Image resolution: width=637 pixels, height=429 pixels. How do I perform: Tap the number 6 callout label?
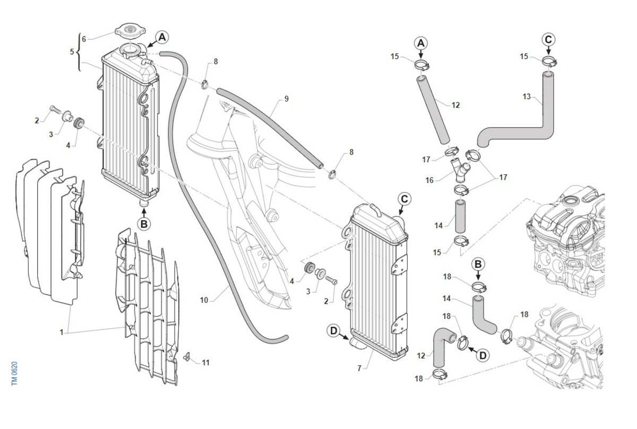tap(84, 39)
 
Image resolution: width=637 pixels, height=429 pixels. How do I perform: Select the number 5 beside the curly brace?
tap(72, 52)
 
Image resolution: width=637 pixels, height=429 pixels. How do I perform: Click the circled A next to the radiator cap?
tap(162, 37)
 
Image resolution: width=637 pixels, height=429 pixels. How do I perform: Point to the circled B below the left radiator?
tap(144, 224)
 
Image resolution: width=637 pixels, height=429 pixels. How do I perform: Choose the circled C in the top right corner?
tap(548, 39)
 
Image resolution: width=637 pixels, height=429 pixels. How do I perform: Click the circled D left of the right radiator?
tap(333, 331)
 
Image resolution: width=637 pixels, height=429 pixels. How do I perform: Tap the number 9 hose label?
tap(286, 99)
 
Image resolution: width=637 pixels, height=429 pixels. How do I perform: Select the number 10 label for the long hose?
tap(204, 300)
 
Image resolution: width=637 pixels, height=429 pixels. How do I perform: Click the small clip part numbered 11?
tap(187, 356)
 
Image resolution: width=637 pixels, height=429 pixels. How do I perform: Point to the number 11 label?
tap(205, 363)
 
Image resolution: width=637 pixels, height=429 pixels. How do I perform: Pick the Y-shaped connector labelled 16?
tap(459, 170)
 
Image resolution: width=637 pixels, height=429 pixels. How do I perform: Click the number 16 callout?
tap(429, 181)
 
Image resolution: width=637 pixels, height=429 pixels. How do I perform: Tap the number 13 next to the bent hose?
tap(527, 97)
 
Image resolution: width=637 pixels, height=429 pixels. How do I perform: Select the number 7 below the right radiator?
tap(359, 368)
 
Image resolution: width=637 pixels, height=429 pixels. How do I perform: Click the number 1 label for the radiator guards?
tap(62, 332)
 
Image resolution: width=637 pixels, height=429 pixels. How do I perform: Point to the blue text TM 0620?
tap(14, 374)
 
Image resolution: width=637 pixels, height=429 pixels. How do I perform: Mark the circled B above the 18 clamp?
tap(478, 264)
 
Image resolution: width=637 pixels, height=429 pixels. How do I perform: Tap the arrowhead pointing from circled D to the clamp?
tap(471, 349)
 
